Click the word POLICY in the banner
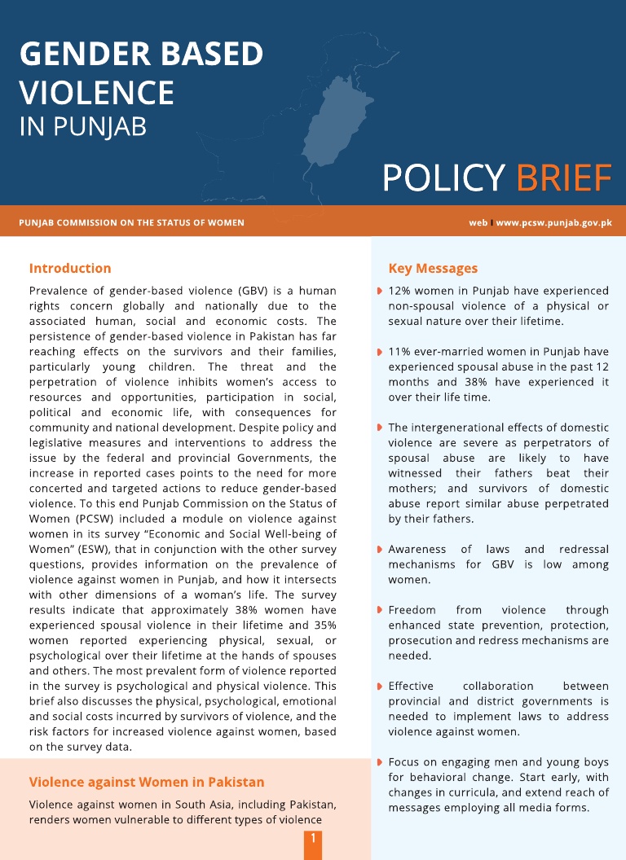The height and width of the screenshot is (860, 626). coord(443,178)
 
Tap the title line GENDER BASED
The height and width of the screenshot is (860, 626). coord(141,54)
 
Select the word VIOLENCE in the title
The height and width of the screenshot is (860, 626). coord(96,92)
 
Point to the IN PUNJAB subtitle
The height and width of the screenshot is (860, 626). coord(82,127)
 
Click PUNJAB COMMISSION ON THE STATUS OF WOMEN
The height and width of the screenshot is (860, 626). coord(131,222)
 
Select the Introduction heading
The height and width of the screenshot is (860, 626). coord(70,268)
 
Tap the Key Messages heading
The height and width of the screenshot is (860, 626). coord(433,268)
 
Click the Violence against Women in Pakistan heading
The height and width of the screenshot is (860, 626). coord(147,782)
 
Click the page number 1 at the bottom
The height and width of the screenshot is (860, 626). coord(312,838)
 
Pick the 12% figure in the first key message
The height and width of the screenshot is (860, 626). coord(400,291)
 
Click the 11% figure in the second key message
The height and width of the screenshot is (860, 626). coord(399,352)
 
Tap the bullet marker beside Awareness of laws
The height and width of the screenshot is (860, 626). coord(380,550)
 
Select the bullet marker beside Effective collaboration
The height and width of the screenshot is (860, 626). coord(380,687)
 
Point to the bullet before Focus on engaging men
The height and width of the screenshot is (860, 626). coord(380,762)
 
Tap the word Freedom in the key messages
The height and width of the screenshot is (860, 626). coord(412,610)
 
